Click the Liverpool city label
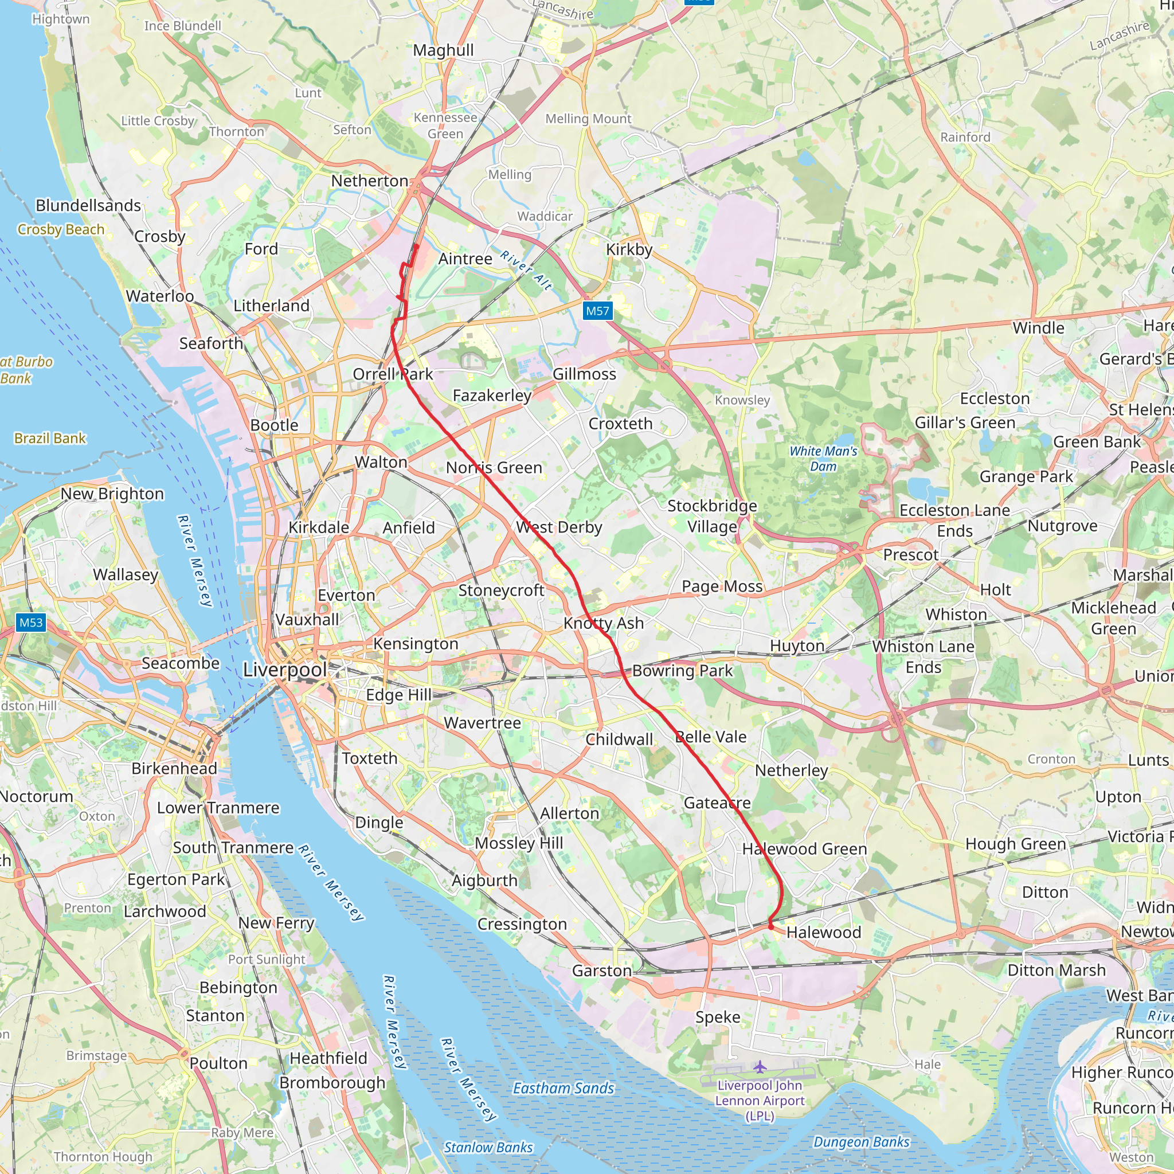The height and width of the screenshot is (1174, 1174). point(284,670)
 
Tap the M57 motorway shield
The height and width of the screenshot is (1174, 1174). point(597,311)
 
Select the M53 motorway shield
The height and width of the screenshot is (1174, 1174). point(31,622)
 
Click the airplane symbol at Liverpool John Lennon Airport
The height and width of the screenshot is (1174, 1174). point(760,1066)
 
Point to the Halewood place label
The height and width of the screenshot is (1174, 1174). point(823,932)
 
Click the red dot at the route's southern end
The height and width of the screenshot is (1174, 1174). point(770,928)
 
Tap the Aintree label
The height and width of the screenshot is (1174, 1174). point(465,259)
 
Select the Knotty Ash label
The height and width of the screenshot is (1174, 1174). point(604,623)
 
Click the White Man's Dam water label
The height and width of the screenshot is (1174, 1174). point(823,458)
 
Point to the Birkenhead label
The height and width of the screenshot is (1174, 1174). point(174,768)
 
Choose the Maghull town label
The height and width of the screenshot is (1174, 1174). point(443,50)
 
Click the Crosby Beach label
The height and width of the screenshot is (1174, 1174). point(61,230)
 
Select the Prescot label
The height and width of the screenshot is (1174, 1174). point(910,555)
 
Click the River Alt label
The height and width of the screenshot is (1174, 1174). point(526,270)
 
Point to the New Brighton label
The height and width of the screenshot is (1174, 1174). point(112,494)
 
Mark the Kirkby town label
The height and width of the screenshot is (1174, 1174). point(629,250)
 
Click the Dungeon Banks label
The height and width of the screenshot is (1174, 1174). point(861,1142)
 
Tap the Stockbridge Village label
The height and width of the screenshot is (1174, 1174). point(712,516)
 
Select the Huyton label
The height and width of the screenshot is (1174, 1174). point(797,645)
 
